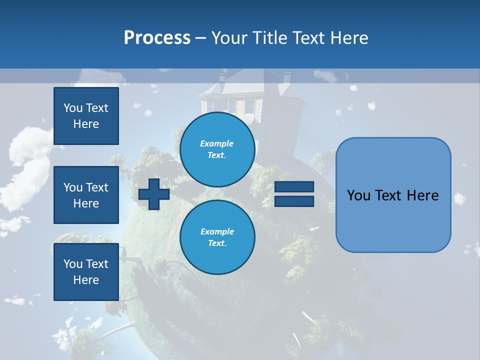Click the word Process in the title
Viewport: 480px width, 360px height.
[x=157, y=38]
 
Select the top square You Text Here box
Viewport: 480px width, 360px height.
[x=86, y=116]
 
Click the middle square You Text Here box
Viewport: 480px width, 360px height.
[x=86, y=195]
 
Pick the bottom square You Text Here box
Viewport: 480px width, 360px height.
[x=86, y=272]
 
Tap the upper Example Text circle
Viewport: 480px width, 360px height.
[x=217, y=149]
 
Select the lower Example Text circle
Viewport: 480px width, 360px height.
[x=217, y=237]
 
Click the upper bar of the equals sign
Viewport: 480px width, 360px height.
[x=294, y=187]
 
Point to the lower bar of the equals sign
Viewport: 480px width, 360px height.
[x=294, y=201]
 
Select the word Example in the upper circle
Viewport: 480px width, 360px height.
[x=217, y=143]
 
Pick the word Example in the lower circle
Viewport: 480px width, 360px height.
[x=217, y=231]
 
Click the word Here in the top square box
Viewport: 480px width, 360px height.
[x=86, y=124]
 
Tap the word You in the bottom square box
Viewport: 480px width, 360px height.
[x=73, y=264]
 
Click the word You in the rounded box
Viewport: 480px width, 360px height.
[x=359, y=195]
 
